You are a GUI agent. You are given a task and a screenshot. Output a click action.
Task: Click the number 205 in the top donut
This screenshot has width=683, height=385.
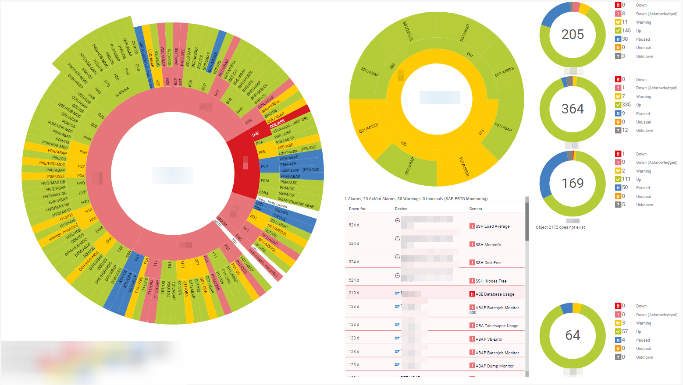tap(573, 35)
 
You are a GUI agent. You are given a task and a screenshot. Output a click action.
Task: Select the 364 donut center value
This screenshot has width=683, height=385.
tap(573, 109)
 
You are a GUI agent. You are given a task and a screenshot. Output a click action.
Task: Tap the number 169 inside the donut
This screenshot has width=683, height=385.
tap(573, 183)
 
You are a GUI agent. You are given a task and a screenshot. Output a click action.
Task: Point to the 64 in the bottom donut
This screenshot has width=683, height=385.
tap(573, 336)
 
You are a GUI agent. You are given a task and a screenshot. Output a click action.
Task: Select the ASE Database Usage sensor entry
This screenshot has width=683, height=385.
tap(494, 294)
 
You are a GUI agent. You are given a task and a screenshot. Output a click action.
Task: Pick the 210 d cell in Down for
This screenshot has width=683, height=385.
tap(354, 293)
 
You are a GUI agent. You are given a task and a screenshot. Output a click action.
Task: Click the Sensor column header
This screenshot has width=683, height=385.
tap(476, 209)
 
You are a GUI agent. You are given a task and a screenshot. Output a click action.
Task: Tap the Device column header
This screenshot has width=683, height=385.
tap(401, 209)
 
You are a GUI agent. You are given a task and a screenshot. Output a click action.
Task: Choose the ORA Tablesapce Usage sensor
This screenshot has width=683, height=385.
tap(497, 326)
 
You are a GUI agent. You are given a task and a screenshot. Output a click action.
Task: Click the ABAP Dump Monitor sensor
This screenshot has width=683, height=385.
tap(494, 366)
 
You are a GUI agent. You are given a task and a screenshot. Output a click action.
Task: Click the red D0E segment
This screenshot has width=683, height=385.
tap(256, 134)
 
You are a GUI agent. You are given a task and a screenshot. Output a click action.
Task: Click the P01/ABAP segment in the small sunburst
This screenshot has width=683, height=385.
tap(503, 127)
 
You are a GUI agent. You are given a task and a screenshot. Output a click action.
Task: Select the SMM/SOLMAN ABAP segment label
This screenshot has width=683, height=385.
tap(296, 202)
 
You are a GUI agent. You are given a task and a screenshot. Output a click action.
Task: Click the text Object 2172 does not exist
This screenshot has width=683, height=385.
tap(560, 227)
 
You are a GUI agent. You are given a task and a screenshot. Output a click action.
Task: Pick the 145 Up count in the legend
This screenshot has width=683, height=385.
tap(626, 31)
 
